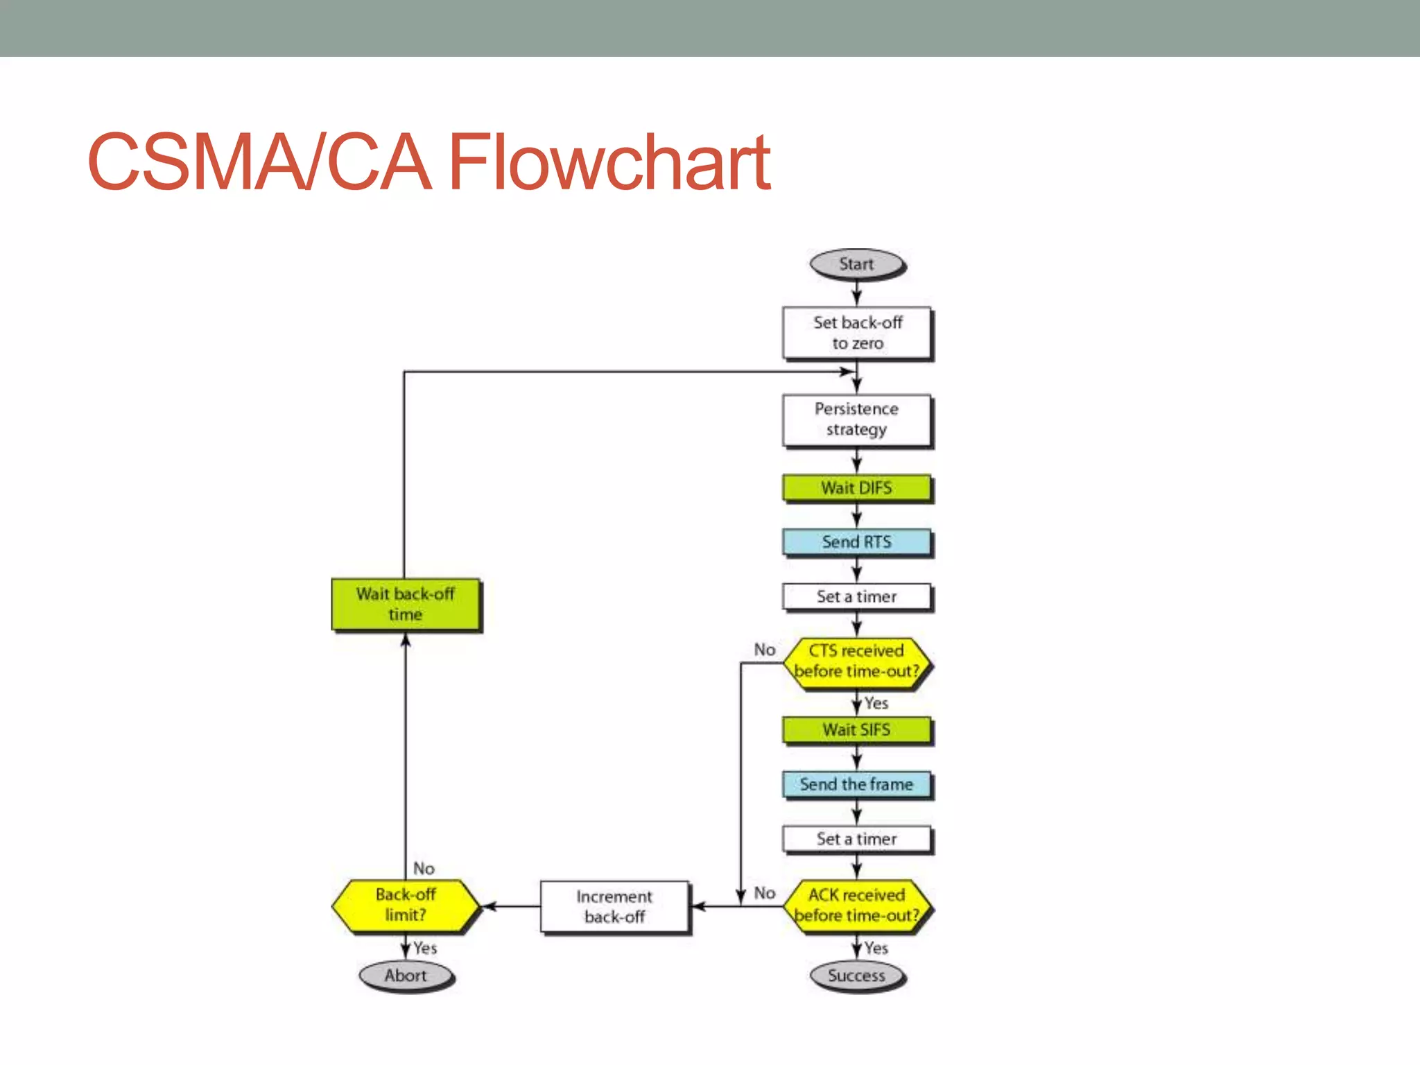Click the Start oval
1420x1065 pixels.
point(856,264)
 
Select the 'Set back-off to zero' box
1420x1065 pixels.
point(856,333)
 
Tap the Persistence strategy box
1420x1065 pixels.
point(856,419)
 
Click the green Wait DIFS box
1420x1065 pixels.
point(856,488)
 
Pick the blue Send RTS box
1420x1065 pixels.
point(856,542)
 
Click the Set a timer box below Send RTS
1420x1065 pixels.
point(856,596)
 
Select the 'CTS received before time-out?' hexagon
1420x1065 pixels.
point(856,661)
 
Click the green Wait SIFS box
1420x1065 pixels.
point(856,730)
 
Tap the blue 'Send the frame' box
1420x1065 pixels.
point(856,784)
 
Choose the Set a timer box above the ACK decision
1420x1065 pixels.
point(856,839)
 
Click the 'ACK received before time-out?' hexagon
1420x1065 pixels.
point(856,906)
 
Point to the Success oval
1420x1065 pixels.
point(856,976)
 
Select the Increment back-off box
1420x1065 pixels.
point(614,907)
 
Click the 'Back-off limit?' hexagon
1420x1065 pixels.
point(406,905)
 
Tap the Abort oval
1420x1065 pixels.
point(406,976)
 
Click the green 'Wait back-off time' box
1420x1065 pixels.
point(406,605)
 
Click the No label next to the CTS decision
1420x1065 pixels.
point(764,650)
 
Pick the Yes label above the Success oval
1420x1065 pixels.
point(876,948)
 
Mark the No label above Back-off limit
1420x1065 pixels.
point(424,868)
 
